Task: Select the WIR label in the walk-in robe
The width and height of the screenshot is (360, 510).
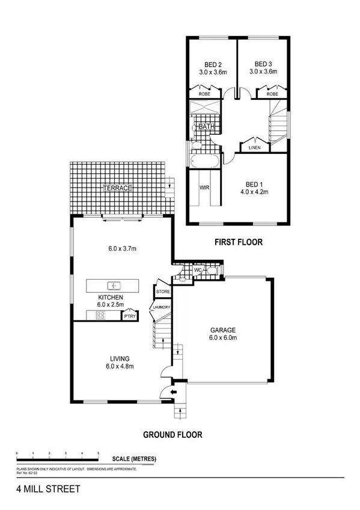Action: pyautogui.click(x=203, y=188)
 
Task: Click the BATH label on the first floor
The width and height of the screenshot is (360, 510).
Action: pyautogui.click(x=207, y=127)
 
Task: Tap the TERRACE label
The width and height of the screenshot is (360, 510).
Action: pyautogui.click(x=117, y=188)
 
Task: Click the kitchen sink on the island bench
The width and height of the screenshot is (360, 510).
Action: pyautogui.click(x=113, y=285)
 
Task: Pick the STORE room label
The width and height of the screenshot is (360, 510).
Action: pyautogui.click(x=163, y=292)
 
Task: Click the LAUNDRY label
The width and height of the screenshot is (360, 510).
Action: pyautogui.click(x=162, y=308)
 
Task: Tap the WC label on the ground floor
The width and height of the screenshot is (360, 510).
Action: pyautogui.click(x=197, y=271)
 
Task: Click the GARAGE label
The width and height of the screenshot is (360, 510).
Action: pyautogui.click(x=223, y=330)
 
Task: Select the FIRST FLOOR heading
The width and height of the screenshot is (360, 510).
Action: pyautogui.click(x=239, y=242)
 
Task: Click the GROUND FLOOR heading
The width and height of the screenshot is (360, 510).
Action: pyautogui.click(x=172, y=434)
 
